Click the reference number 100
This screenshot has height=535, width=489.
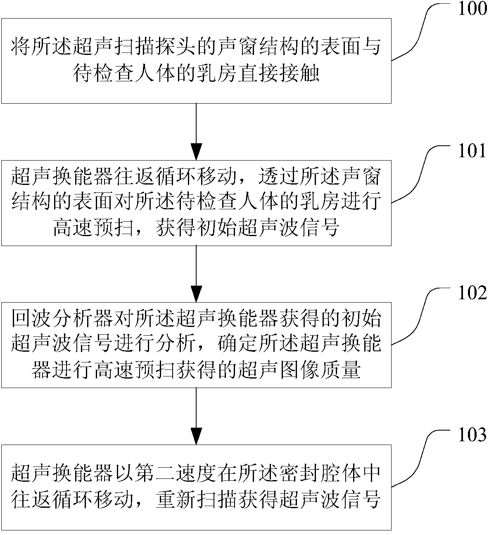coord(472,9)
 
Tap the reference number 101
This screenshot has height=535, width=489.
coord(472,151)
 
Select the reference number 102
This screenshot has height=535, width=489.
coord(472,293)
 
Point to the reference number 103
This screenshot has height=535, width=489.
coord(472,435)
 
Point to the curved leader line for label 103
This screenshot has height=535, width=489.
coord(423,458)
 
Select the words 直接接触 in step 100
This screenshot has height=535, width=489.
coord(278,73)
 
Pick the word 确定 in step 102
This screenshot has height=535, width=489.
coord(237,344)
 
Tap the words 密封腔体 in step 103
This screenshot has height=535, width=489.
coord(320,473)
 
